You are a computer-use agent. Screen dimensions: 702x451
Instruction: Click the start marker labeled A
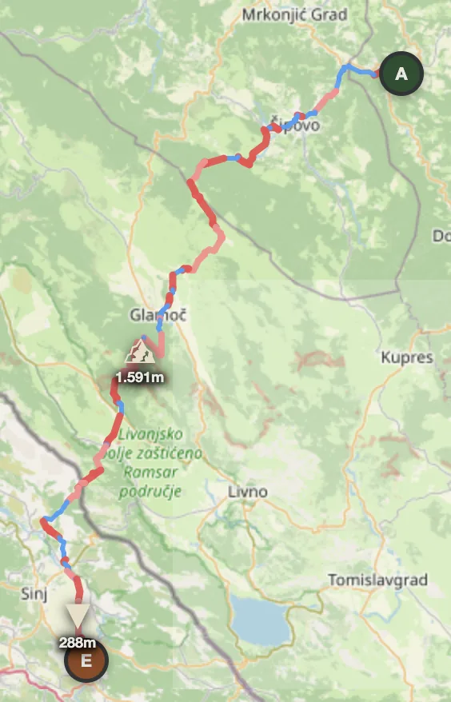pos(401,74)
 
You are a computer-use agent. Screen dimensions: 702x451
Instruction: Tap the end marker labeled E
pos(86,660)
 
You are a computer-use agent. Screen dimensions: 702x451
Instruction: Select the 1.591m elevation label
pos(140,376)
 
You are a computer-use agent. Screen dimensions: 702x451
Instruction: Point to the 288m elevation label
pos(78,641)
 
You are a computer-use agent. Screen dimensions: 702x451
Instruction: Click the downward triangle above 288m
pos(78,616)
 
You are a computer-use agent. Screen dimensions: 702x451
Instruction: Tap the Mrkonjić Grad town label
pos(294,14)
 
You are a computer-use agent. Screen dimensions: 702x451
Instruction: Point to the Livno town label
pos(247,491)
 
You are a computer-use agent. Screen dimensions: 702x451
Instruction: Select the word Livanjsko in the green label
pos(150,435)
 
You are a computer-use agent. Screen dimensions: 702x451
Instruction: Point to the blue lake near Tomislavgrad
pos(259,620)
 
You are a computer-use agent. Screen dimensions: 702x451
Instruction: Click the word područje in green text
pos(151,490)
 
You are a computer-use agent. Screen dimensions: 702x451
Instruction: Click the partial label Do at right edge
pos(441,236)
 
